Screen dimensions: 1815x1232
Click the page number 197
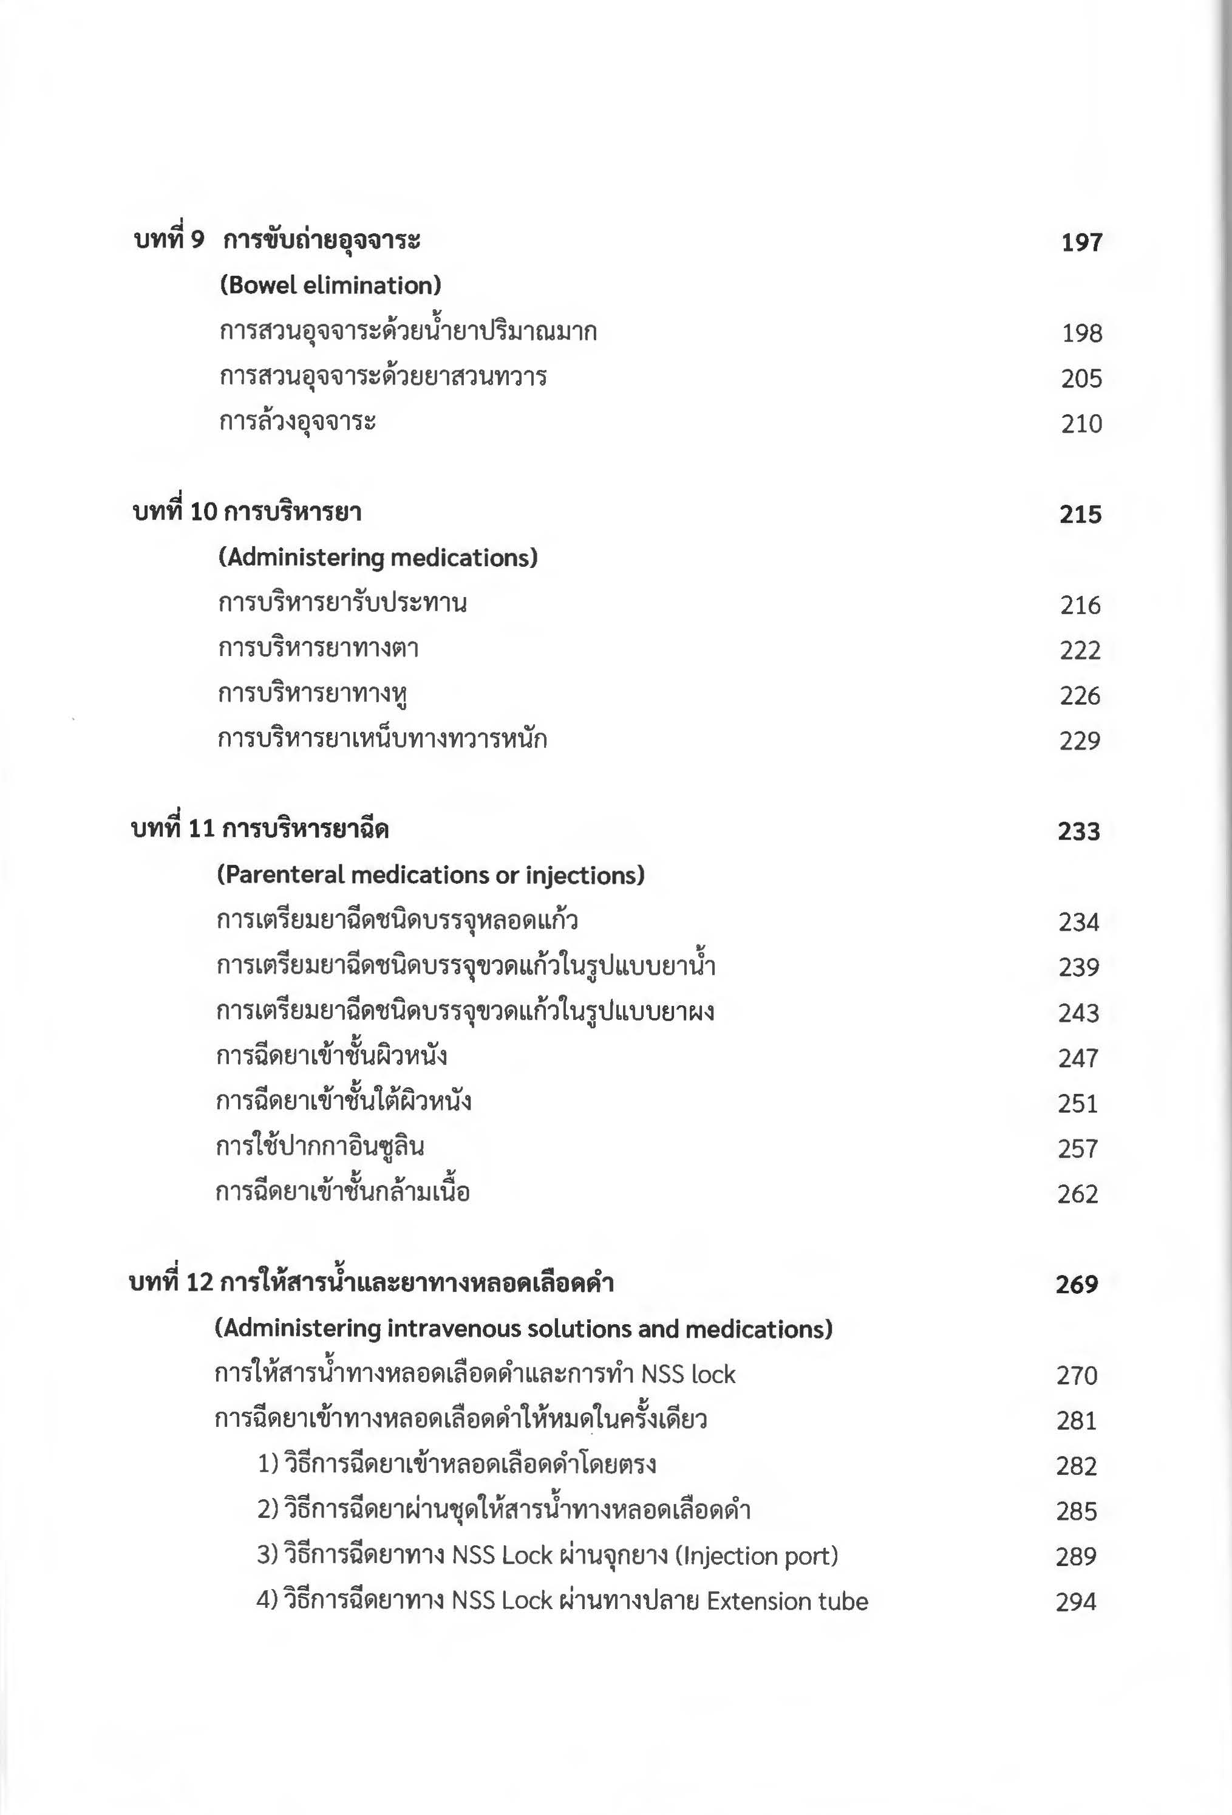point(1081,242)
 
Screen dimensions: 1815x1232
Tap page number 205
point(1081,379)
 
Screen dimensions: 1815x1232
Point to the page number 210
point(1081,424)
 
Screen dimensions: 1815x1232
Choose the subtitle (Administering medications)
point(378,558)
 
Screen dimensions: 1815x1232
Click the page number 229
point(1080,741)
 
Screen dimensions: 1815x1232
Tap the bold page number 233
point(1079,832)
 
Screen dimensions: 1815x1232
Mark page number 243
point(1078,1013)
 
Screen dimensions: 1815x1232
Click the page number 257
point(1078,1149)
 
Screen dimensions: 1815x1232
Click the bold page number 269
point(1077,1285)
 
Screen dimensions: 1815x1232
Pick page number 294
point(1076,1602)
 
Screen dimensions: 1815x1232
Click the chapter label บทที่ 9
point(169,240)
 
